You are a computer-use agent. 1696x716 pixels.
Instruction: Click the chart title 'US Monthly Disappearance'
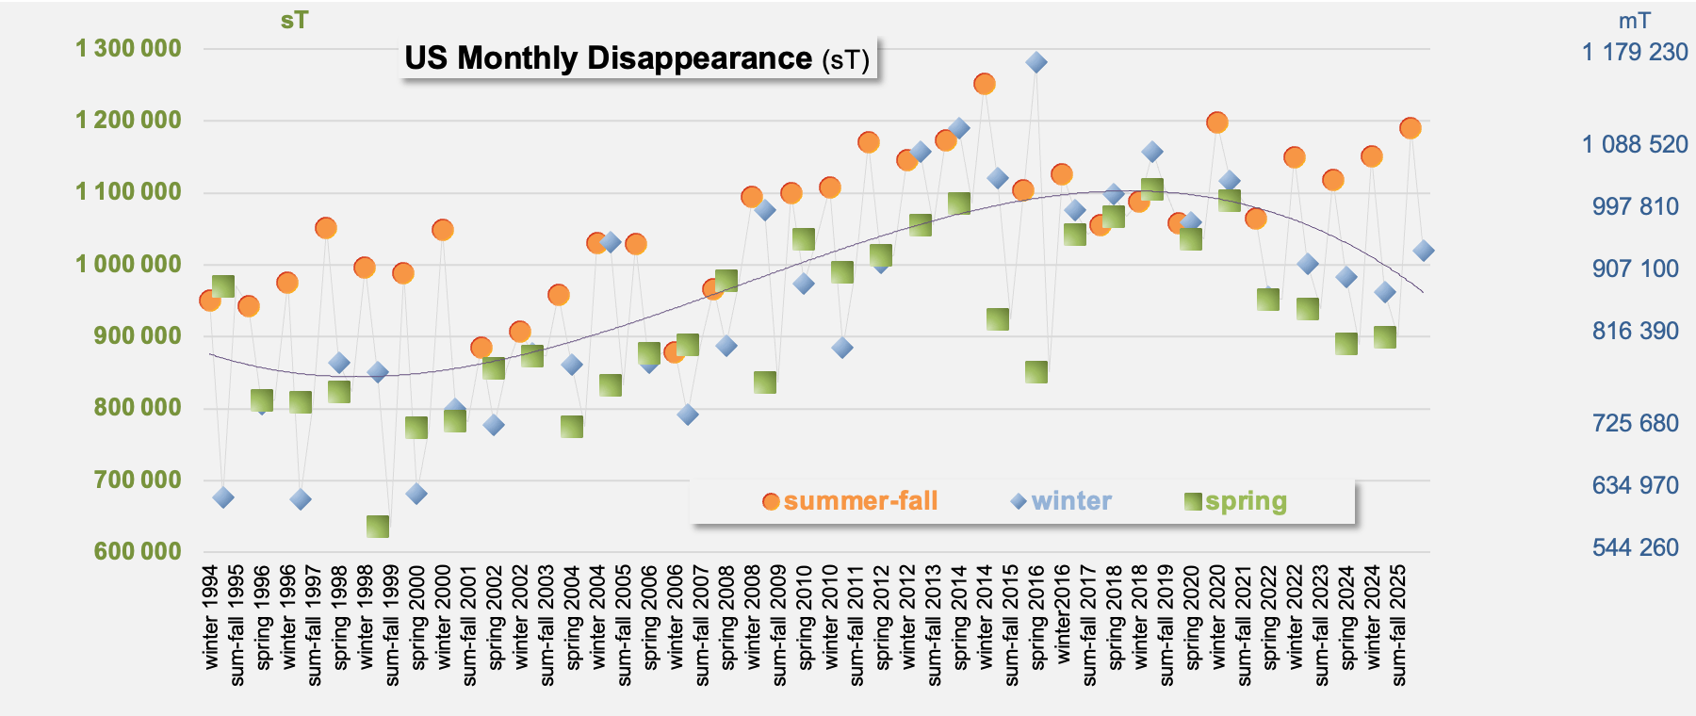point(608,58)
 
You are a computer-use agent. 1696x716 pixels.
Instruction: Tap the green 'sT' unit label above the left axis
point(294,20)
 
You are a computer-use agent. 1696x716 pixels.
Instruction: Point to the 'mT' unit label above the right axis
point(1634,21)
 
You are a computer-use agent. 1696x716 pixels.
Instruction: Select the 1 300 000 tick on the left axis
point(128,48)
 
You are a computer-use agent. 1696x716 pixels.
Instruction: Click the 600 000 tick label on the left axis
point(138,551)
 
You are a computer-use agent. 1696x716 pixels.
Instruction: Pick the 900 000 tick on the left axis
point(138,335)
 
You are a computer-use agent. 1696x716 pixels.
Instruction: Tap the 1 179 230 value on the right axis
point(1635,52)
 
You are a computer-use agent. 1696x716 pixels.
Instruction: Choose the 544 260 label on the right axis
point(1636,547)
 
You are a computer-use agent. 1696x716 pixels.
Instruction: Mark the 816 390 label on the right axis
point(1636,331)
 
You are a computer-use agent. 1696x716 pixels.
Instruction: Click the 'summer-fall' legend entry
point(850,501)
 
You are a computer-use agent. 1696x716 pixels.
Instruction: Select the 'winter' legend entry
point(1061,501)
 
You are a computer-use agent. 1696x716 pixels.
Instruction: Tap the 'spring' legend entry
point(1235,501)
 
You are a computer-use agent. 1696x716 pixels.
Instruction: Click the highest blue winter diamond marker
point(1036,62)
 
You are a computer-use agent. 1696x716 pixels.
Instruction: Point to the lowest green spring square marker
point(378,527)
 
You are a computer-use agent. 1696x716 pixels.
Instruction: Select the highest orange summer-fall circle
point(985,84)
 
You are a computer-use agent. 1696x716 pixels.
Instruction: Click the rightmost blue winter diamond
point(1424,251)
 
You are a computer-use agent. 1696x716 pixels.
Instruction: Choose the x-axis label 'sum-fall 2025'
point(1398,626)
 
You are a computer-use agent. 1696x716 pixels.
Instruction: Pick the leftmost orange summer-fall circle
point(210,301)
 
